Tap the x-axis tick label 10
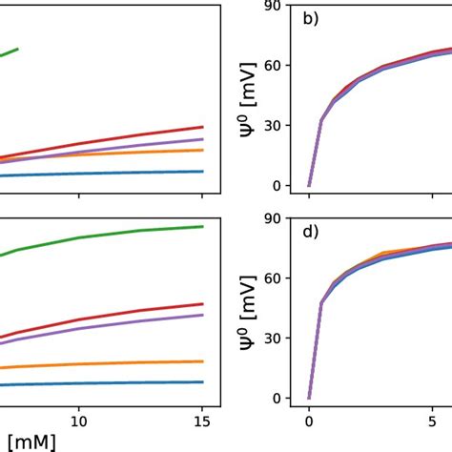tap(79, 420)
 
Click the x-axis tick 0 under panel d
tap(309, 420)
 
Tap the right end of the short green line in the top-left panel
tap(44, 49)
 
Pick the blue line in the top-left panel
tap(114, 174)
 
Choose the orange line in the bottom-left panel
tap(114, 363)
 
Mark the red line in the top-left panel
tap(114, 139)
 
